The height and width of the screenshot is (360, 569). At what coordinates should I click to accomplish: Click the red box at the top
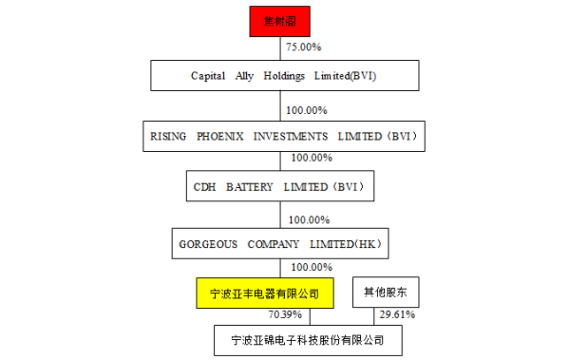[281, 20]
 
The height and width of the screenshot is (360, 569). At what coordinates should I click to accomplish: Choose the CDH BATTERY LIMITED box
[281, 187]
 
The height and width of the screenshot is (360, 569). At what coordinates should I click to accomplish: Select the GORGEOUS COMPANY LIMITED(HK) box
[281, 244]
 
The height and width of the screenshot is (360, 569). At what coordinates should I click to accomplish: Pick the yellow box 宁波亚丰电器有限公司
[265, 293]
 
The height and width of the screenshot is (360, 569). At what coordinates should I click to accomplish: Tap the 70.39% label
[285, 314]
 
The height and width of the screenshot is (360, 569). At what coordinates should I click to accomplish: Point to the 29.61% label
[397, 314]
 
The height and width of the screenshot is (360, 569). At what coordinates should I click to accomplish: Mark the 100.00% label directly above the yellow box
[311, 267]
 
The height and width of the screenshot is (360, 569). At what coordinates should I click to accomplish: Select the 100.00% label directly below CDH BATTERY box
[310, 219]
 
